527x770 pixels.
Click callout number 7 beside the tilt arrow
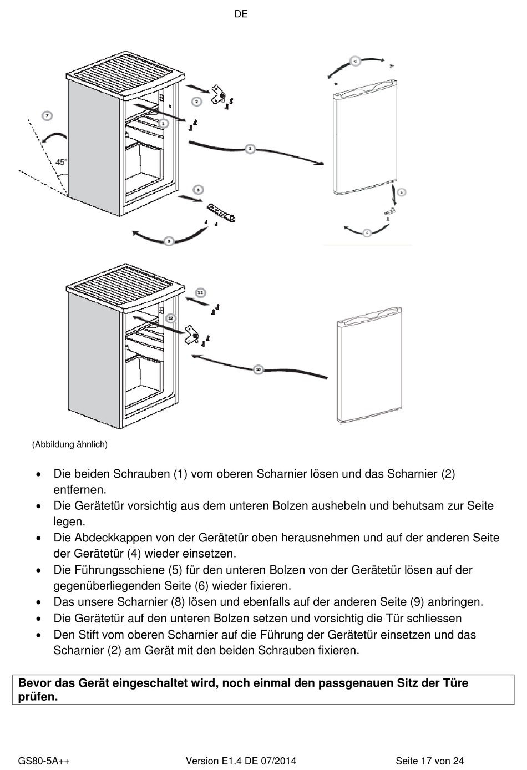point(47,116)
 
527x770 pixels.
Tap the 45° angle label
point(62,162)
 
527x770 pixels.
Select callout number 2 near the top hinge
point(196,101)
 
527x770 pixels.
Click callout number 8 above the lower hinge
point(199,189)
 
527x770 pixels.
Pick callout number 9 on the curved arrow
point(168,241)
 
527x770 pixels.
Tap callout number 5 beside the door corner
point(402,192)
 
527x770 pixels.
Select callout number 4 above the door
point(355,61)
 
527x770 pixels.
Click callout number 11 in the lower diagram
point(200,292)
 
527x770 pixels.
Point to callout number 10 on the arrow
point(258,369)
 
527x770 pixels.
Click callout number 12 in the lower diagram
point(170,318)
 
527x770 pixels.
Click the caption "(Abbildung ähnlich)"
point(69,444)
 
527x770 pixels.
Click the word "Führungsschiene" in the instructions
point(118,570)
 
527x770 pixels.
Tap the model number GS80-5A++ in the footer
point(44,761)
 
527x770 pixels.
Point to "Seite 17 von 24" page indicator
point(429,761)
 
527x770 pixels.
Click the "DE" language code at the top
point(241,14)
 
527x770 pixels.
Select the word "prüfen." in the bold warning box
point(38,697)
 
